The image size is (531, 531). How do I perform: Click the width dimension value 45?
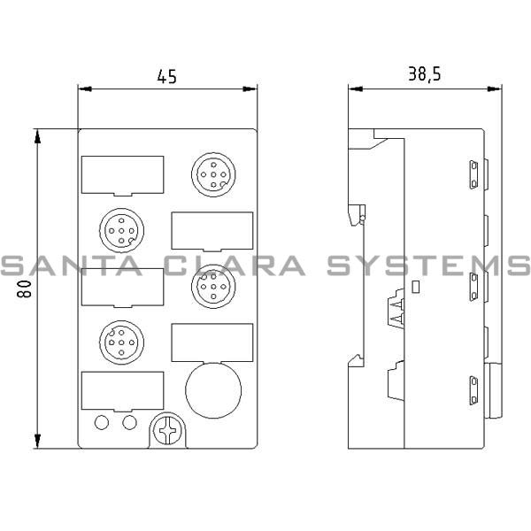(166, 77)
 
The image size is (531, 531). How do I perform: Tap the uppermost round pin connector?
(211, 173)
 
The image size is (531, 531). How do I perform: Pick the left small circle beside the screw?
(102, 422)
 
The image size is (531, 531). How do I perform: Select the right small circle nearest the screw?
(130, 422)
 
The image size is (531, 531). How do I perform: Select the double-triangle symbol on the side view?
(395, 312)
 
